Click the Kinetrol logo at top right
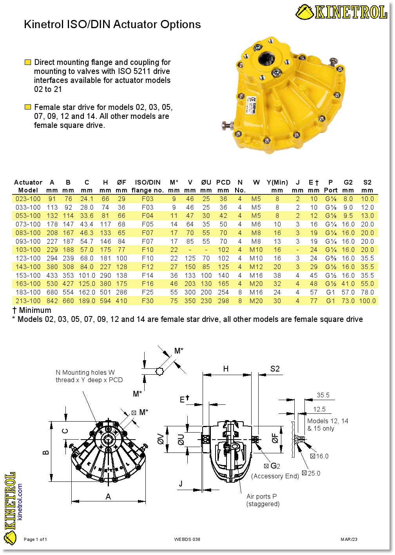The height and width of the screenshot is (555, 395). (x=341, y=12)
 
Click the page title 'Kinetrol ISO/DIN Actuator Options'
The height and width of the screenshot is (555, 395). (x=112, y=24)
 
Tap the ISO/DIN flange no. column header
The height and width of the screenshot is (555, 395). (x=147, y=186)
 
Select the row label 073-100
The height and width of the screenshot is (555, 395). (x=28, y=224)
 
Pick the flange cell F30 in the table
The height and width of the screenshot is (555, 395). (x=148, y=301)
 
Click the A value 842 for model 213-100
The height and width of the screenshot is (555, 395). (x=52, y=301)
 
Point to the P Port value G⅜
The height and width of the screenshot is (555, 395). (x=331, y=258)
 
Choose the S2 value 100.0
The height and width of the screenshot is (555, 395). (x=367, y=301)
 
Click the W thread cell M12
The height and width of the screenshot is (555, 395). (x=256, y=267)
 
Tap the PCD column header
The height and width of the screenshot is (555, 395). (x=223, y=182)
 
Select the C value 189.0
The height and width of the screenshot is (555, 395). (x=87, y=301)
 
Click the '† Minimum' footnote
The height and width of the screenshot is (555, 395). (x=32, y=310)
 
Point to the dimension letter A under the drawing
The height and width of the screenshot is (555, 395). (x=108, y=497)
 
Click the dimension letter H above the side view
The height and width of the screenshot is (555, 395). (x=226, y=368)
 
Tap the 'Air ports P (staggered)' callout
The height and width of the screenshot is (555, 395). (x=263, y=500)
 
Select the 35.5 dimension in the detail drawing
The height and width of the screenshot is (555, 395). (x=323, y=395)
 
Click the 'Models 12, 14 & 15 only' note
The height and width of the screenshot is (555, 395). (x=327, y=424)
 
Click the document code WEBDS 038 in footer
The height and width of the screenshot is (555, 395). (x=187, y=539)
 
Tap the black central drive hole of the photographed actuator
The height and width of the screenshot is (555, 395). (x=266, y=59)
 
